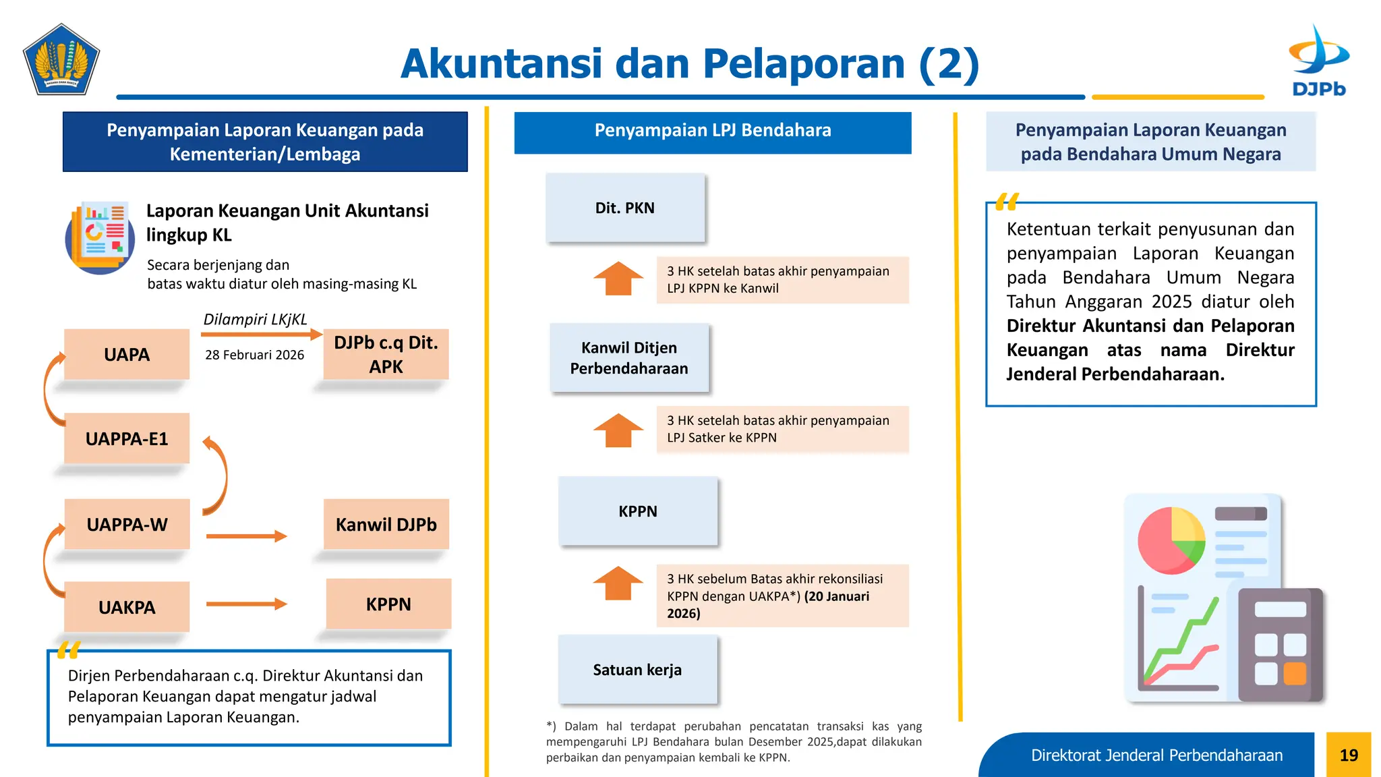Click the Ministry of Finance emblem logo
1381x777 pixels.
(61, 59)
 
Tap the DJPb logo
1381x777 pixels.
(1318, 61)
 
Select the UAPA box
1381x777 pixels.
(127, 354)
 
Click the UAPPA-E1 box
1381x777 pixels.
(127, 438)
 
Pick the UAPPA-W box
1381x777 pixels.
(127, 524)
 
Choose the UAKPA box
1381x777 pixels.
(127, 607)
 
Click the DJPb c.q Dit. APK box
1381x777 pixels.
(386, 354)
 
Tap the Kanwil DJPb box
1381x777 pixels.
(386, 524)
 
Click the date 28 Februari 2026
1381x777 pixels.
(254, 355)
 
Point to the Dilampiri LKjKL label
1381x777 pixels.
(255, 319)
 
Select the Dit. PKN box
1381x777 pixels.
(625, 208)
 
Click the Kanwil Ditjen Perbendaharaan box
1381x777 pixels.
(629, 357)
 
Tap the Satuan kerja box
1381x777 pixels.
(637, 669)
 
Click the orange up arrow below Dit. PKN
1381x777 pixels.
(618, 279)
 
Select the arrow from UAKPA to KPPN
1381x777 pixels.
(246, 604)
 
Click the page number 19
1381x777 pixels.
(1349, 755)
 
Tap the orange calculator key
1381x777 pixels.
(1295, 673)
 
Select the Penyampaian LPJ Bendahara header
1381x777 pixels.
(713, 131)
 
